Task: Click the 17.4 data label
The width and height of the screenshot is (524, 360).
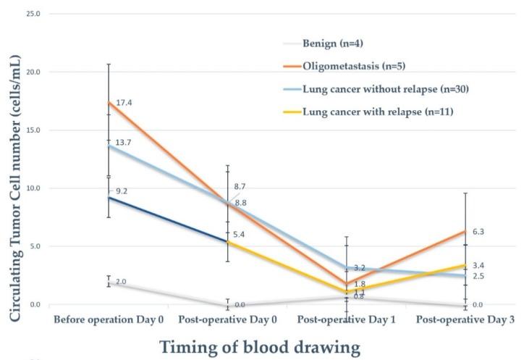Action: point(124,103)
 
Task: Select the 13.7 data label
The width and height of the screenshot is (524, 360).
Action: point(124,143)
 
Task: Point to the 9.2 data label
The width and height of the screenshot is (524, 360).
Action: point(122,191)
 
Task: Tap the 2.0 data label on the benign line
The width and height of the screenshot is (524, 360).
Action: point(121,282)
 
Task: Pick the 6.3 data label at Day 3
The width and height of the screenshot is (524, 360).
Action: point(478,232)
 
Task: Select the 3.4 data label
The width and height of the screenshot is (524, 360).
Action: point(478,265)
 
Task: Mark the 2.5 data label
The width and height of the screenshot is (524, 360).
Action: point(478,277)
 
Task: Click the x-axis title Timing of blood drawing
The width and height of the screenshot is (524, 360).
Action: point(259,346)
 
